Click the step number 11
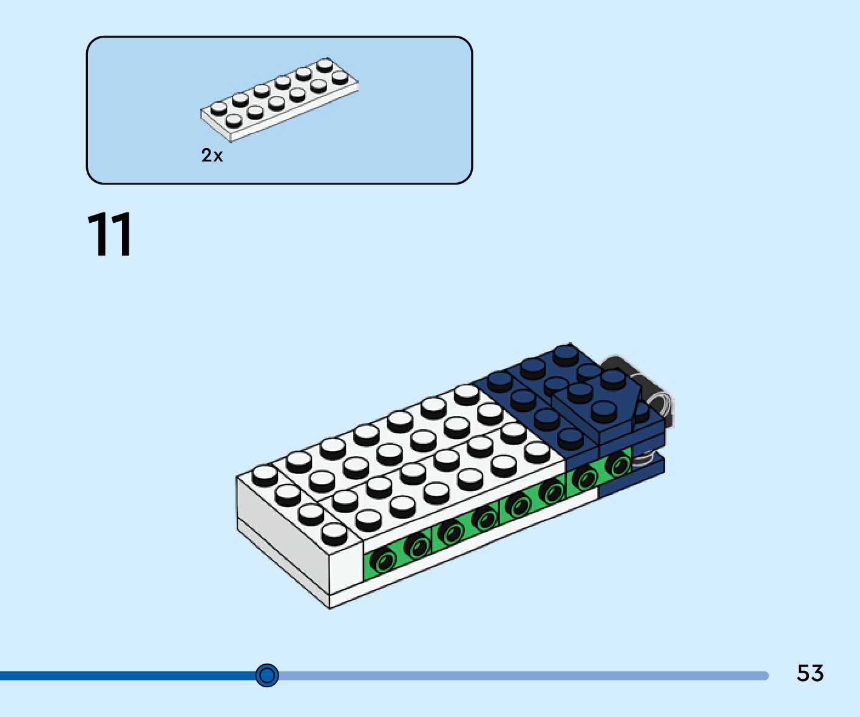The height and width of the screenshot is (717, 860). [110, 235]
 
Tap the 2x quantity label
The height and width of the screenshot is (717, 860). [212, 155]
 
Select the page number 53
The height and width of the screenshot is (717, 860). [810, 673]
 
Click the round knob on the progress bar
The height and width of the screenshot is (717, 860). [267, 675]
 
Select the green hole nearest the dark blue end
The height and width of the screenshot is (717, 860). [620, 466]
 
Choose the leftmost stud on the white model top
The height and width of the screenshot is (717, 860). [265, 474]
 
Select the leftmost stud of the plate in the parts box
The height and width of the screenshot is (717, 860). [218, 109]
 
